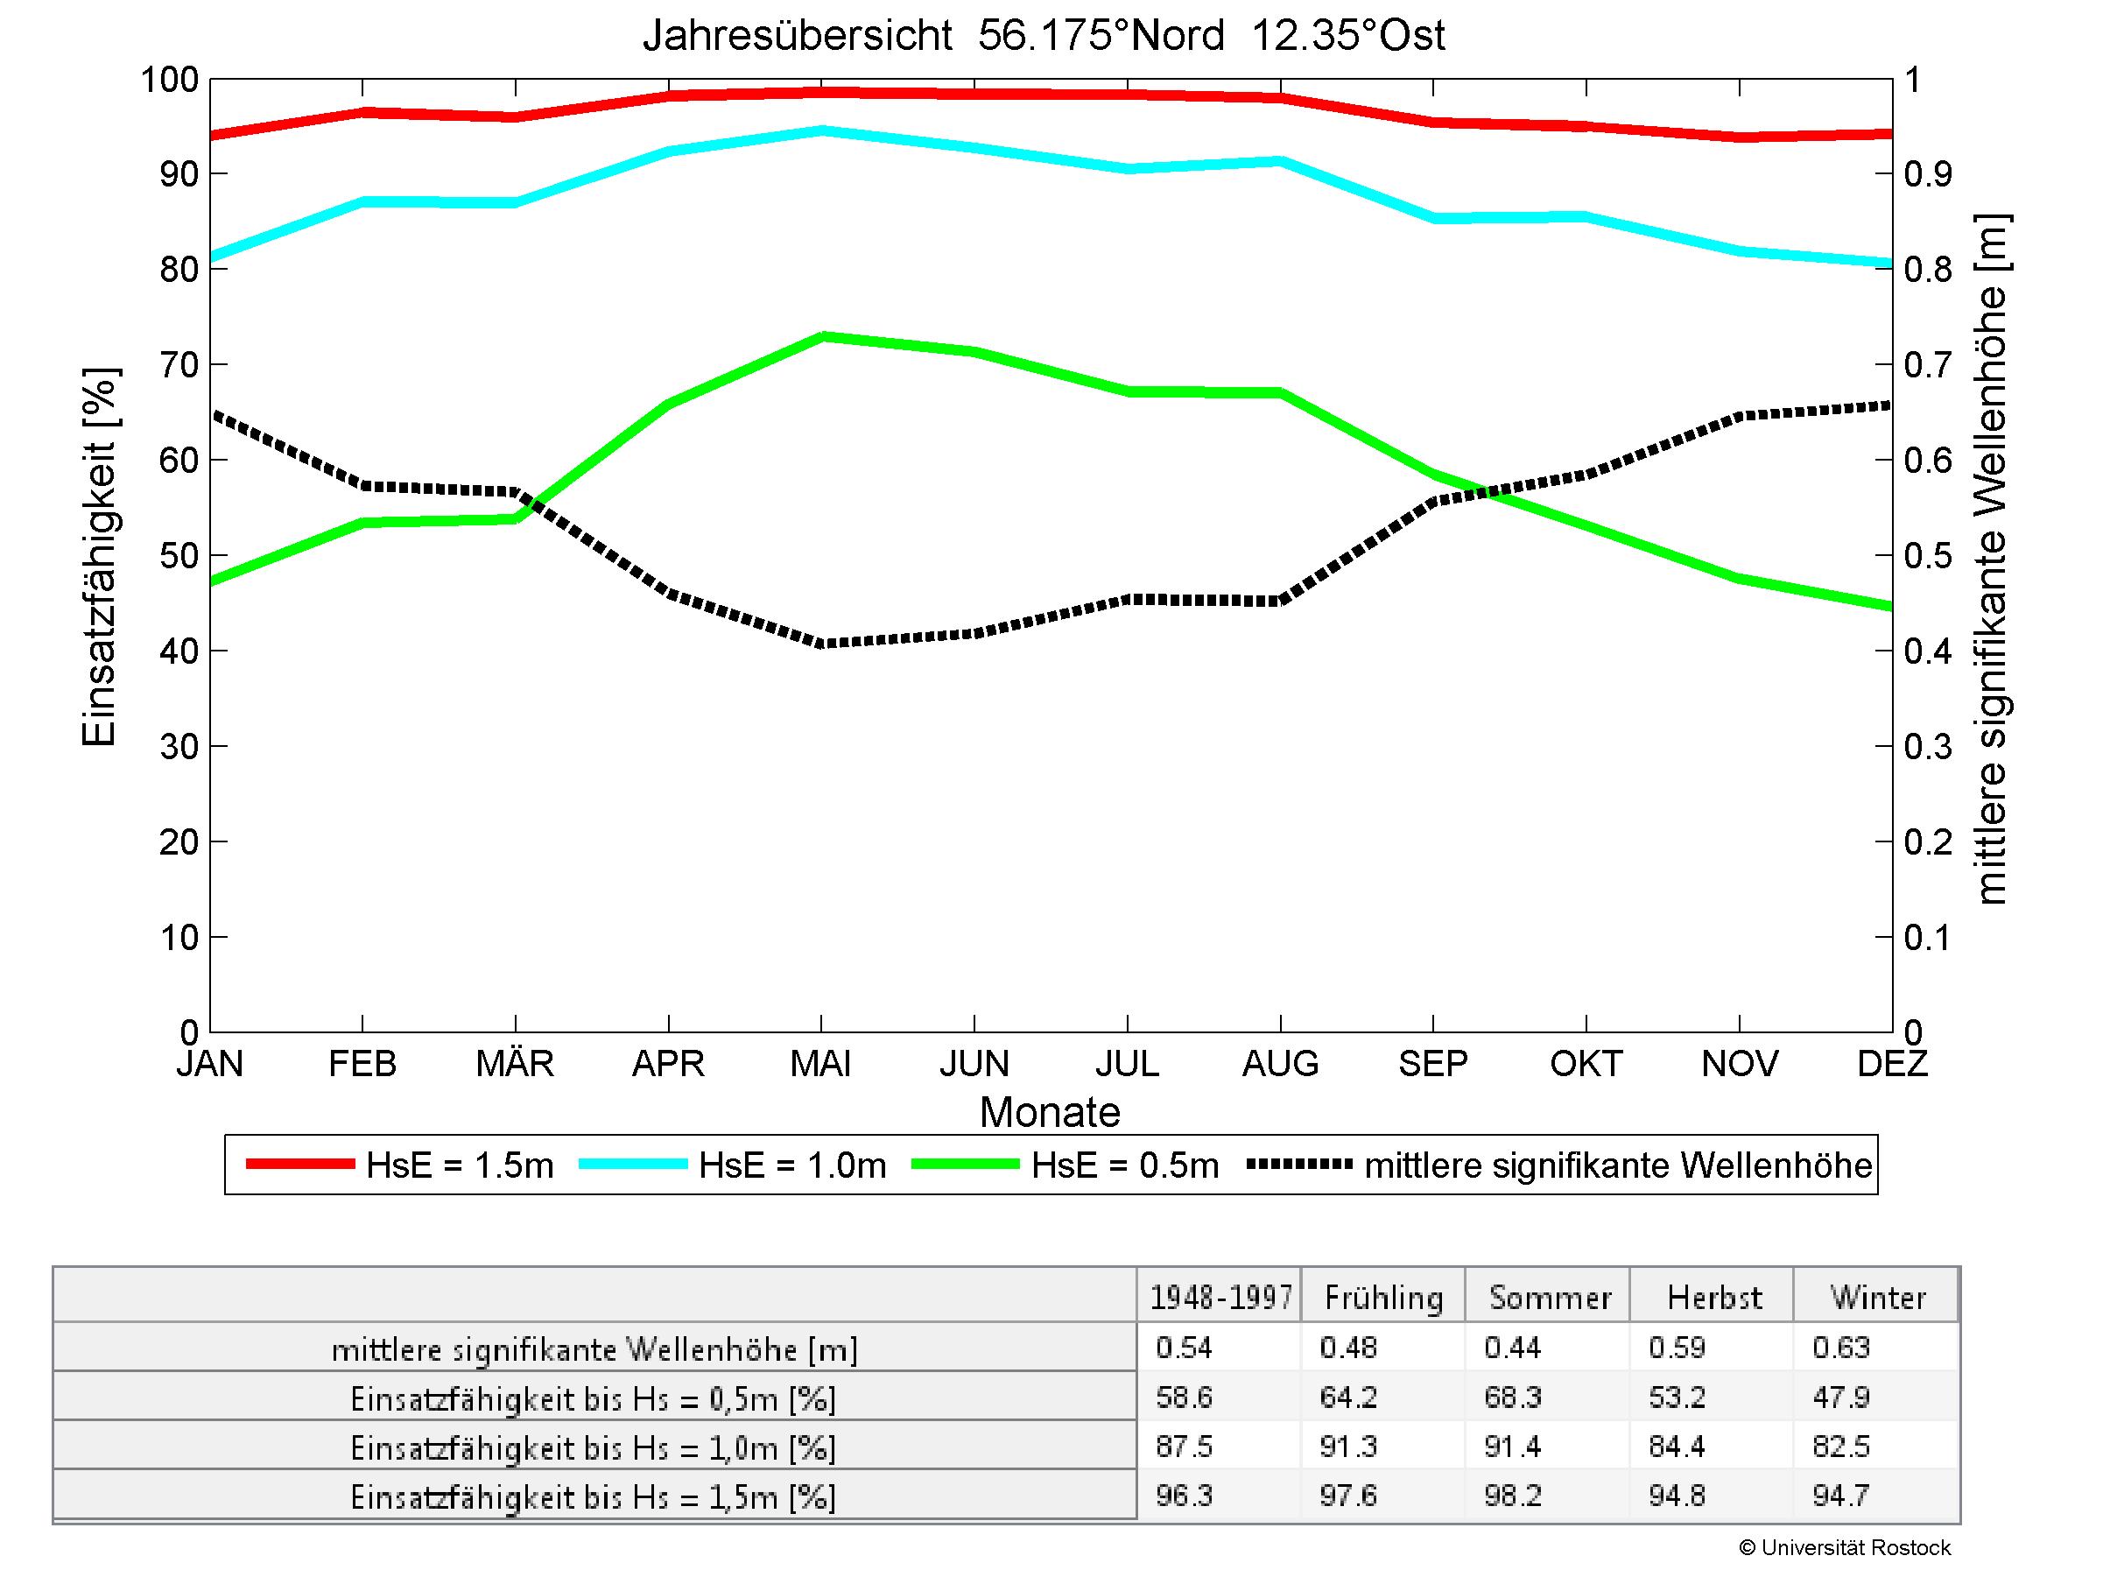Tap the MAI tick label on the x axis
click(x=820, y=1063)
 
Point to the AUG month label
click(x=1280, y=1063)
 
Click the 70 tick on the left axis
click(x=179, y=364)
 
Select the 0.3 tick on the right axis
click(x=1927, y=746)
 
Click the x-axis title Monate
click(x=1050, y=1111)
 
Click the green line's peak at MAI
click(x=822, y=335)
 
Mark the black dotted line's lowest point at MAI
click(x=822, y=644)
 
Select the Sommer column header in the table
click(x=1549, y=1298)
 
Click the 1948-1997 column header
click(x=1220, y=1298)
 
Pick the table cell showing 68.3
click(x=1512, y=1397)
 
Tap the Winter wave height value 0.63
click(x=1840, y=1347)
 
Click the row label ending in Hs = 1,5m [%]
click(x=594, y=1497)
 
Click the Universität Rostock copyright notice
click(x=1845, y=1547)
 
